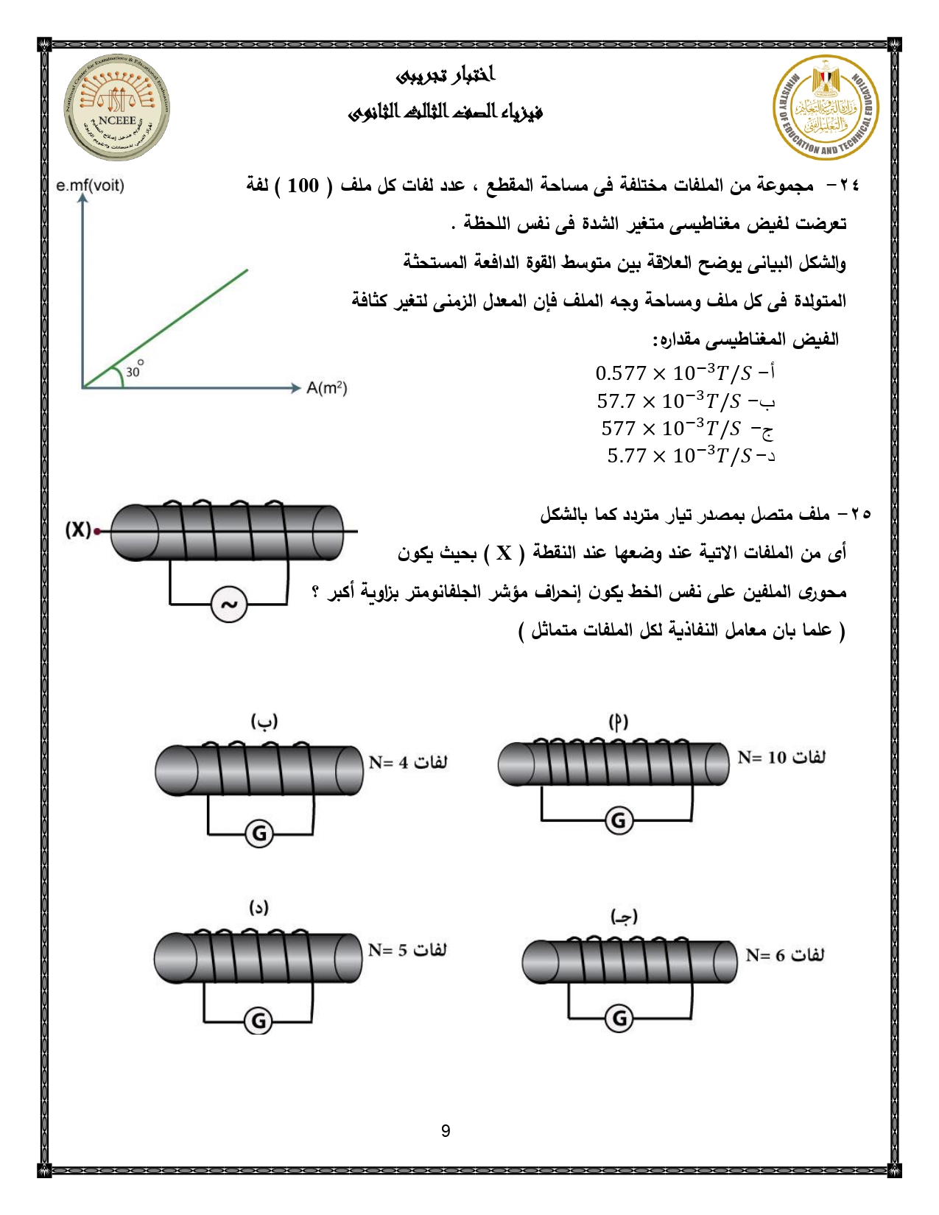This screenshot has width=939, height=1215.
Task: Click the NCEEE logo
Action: click(x=116, y=108)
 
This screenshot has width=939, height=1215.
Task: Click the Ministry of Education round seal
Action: click(x=826, y=108)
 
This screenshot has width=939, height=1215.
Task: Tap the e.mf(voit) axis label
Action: click(x=90, y=185)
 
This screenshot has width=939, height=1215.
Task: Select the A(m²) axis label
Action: click(x=326, y=387)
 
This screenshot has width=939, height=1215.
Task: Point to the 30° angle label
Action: click(x=134, y=370)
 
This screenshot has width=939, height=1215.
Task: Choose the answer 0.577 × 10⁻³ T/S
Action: click(x=684, y=373)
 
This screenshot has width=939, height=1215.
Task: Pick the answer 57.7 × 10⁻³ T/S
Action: click(x=684, y=401)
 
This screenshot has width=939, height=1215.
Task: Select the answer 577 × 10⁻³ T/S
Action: click(x=684, y=428)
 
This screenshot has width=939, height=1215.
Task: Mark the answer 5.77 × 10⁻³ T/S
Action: click(x=689, y=456)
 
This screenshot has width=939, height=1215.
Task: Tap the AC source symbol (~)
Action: click(x=229, y=605)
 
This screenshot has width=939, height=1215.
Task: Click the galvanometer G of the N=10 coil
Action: click(x=619, y=820)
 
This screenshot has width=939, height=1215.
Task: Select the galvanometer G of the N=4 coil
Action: click(x=259, y=834)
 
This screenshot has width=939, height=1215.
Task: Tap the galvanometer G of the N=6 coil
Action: click(x=620, y=1018)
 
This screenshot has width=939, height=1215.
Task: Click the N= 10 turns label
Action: click(x=781, y=757)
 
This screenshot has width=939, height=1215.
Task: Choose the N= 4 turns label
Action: click(x=408, y=762)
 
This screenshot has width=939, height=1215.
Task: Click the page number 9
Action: click(x=446, y=1131)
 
